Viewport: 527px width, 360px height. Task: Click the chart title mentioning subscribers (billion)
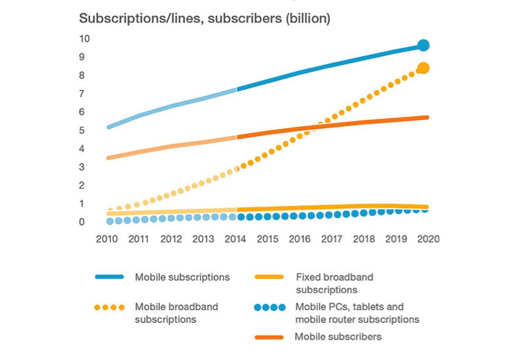point(204,19)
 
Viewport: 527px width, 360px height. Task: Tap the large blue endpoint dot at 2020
point(423,45)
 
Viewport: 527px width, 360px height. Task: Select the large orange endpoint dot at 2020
point(423,68)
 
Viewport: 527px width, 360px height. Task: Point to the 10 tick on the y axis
point(84,38)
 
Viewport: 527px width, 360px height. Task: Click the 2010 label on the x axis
point(107,239)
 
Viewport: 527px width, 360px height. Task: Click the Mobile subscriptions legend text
point(182,277)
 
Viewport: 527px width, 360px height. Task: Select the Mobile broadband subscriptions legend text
point(176,313)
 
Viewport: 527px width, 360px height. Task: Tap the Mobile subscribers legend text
point(338,337)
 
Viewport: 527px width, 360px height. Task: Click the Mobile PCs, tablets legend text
point(357,313)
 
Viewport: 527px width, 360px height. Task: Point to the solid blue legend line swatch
point(110,277)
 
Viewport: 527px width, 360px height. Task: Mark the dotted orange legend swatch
point(110,307)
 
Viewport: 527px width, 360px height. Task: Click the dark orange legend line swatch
point(269,337)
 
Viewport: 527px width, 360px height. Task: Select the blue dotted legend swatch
point(269,307)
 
